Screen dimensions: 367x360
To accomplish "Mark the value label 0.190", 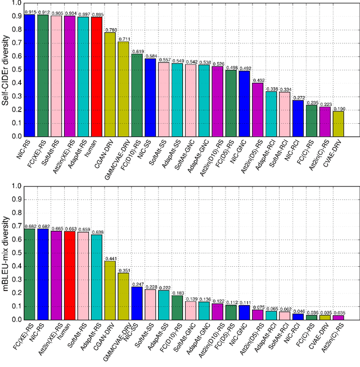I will pyautogui.click(x=338, y=108).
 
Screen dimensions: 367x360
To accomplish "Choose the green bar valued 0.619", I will pyautogui.click(x=137, y=95).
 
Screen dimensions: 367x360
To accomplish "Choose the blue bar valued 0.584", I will pyautogui.click(x=150, y=97).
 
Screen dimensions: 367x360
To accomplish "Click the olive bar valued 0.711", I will pyautogui.click(x=123, y=89).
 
